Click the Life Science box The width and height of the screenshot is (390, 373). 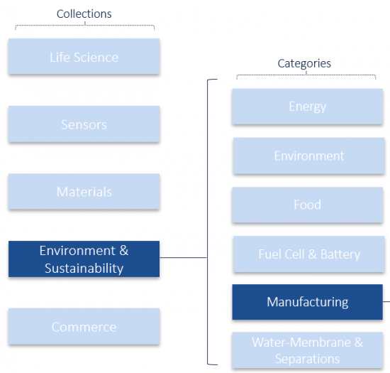pos(84,56)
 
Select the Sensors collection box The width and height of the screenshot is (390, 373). pos(84,124)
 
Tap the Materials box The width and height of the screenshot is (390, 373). pos(84,191)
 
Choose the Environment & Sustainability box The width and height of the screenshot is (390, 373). pos(84,259)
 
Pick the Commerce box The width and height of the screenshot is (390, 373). pos(84,326)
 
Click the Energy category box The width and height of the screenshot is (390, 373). pos(308,107)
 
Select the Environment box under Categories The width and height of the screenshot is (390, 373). pos(309,156)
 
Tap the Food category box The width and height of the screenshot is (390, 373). pos(308,205)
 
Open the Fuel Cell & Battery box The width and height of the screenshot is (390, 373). pos(309,254)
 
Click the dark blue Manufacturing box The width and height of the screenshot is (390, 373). pos(308,302)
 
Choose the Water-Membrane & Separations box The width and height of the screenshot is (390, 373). pos(308,350)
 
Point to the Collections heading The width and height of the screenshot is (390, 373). pos(84,14)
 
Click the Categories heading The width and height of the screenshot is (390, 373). pos(304,63)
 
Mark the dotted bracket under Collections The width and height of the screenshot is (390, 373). pos(85,25)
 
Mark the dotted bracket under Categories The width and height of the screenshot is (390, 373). pos(306,75)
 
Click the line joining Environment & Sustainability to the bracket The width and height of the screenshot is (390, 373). pos(184,257)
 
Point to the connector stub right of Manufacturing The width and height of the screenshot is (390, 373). pos(386,301)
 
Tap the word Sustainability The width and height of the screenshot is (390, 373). pos(84,269)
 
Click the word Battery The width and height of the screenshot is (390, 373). pos(340,254)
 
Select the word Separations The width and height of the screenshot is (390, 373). pos(308,359)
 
